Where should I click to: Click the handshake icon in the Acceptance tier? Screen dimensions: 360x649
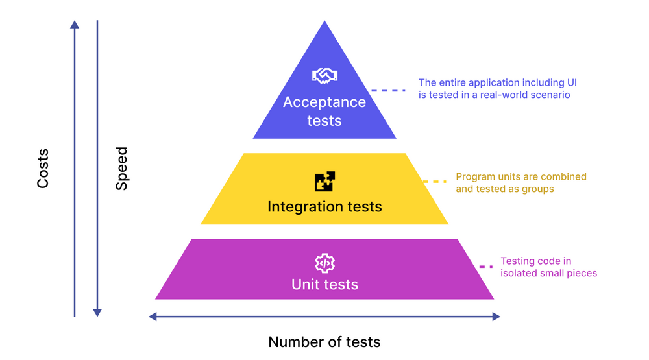(324, 76)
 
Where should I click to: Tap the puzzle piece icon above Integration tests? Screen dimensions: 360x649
(324, 182)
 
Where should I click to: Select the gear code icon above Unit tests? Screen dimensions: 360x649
(324, 263)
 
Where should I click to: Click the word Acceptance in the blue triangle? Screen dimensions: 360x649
(324, 102)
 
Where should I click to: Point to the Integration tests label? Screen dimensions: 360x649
(324, 207)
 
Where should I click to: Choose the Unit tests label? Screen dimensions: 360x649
(324, 284)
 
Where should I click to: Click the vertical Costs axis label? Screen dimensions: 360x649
(43, 169)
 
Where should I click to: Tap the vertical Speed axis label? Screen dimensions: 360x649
(121, 169)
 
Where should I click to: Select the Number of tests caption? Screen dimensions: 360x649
(324, 342)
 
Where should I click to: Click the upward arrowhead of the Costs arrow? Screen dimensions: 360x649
(75, 25)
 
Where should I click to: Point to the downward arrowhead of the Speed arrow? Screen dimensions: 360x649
(97, 313)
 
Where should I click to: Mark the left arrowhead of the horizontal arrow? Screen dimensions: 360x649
(153, 317)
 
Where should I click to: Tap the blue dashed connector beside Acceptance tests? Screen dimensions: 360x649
(388, 90)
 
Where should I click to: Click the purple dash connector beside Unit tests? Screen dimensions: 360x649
(482, 267)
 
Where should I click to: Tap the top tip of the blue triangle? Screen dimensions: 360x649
(324, 23)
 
